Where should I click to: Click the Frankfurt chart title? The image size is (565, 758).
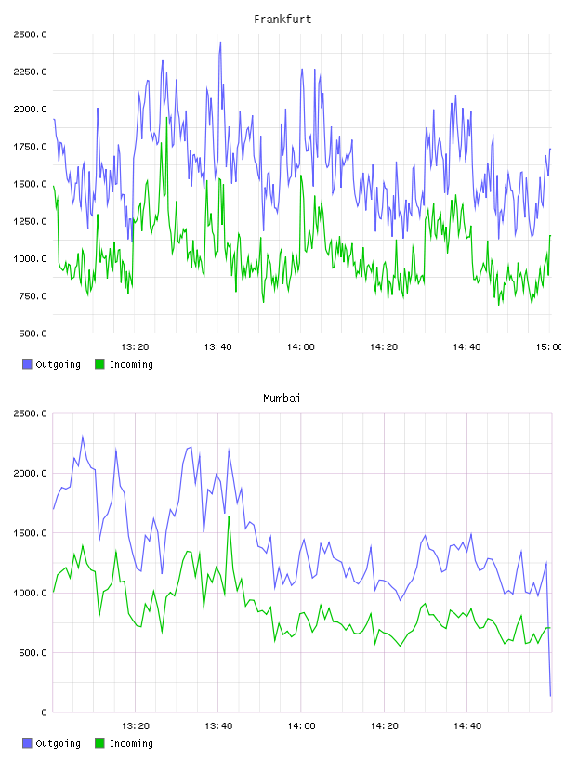pyautogui.click(x=282, y=20)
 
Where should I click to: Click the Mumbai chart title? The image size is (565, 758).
pyautogui.click(x=282, y=399)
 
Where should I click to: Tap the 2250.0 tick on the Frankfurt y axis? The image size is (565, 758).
pyautogui.click(x=30, y=72)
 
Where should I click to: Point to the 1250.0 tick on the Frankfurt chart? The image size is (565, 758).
pyautogui.click(x=30, y=221)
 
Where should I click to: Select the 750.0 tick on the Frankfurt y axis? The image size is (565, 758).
pyautogui.click(x=33, y=296)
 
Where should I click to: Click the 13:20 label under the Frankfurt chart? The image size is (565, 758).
pyautogui.click(x=135, y=347)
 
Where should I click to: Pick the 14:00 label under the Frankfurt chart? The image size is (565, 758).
pyautogui.click(x=300, y=347)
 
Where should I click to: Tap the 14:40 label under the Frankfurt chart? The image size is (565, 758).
pyautogui.click(x=466, y=347)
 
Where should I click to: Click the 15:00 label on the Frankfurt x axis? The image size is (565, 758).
pyautogui.click(x=548, y=347)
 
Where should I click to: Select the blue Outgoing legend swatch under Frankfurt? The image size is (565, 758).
pyautogui.click(x=27, y=364)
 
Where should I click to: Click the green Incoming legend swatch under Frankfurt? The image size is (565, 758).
pyautogui.click(x=99, y=364)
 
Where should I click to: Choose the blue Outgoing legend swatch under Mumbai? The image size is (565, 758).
pyautogui.click(x=27, y=743)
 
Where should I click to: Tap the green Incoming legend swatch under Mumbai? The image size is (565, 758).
pyautogui.click(x=99, y=743)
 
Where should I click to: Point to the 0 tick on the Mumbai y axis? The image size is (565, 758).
pyautogui.click(x=44, y=712)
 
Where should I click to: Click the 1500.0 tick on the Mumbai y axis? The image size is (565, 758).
pyautogui.click(x=30, y=533)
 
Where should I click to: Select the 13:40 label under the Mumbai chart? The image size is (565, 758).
pyautogui.click(x=218, y=726)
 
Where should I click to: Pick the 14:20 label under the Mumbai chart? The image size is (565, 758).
pyautogui.click(x=384, y=726)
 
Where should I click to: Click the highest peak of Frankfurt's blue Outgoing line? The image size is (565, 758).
pyautogui.click(x=220, y=42)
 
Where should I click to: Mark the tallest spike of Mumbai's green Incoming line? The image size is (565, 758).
pyautogui.click(x=229, y=516)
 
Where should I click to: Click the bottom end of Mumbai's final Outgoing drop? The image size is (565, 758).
pyautogui.click(x=550, y=696)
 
